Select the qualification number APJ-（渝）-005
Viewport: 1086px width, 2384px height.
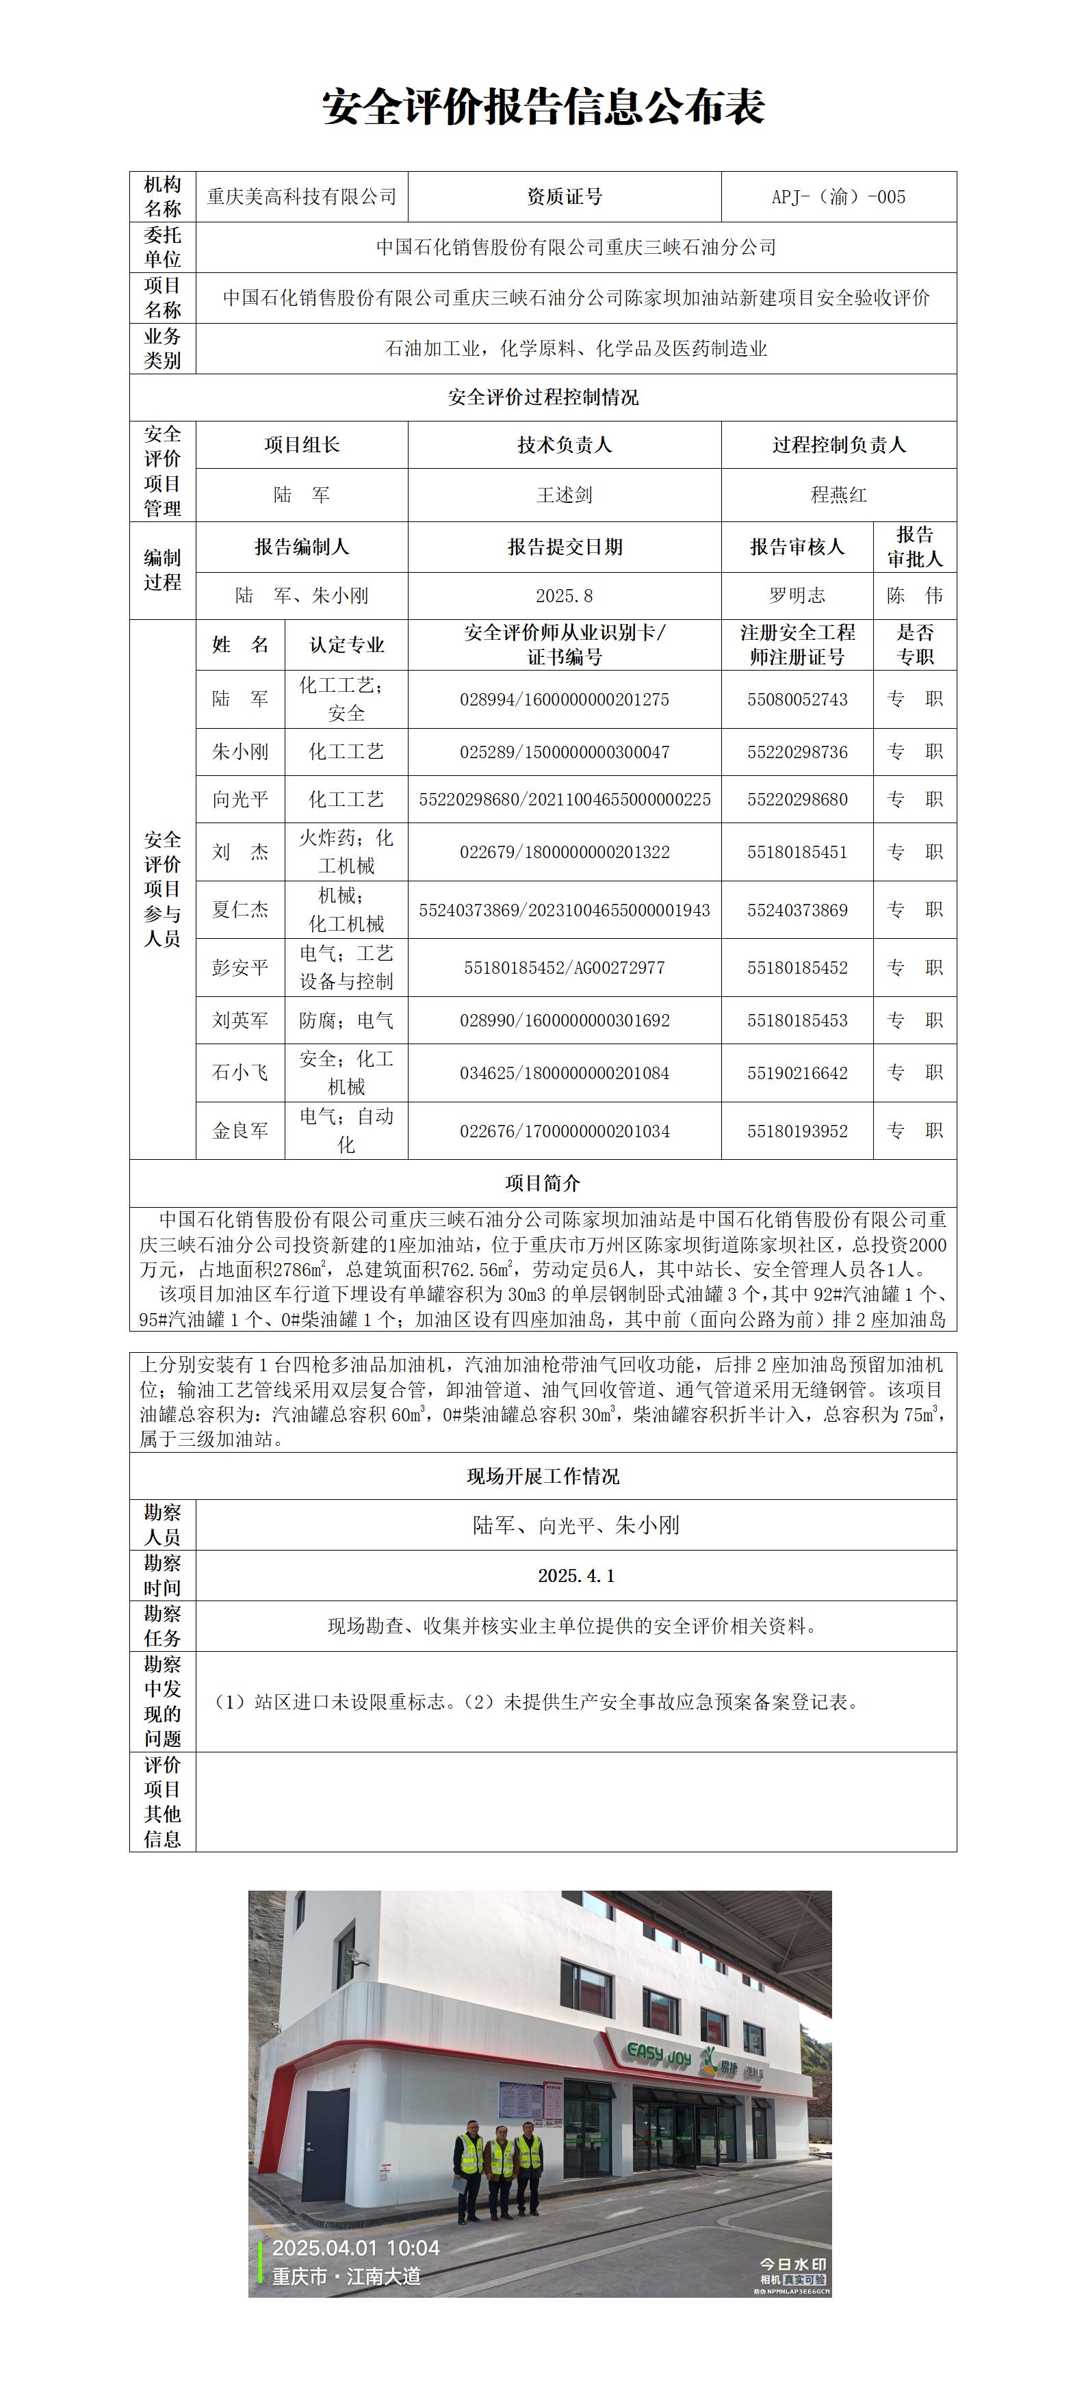coord(838,197)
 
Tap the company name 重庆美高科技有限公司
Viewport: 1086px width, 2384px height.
coord(301,197)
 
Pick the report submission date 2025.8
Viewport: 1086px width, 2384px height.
coord(564,596)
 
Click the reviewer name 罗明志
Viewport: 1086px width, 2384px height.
coord(797,596)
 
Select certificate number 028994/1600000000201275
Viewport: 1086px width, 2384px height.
coord(564,699)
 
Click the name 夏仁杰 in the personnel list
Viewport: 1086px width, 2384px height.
coord(240,909)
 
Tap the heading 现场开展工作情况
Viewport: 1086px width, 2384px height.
coord(543,1476)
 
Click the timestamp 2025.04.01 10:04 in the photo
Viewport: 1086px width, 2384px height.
coord(356,2248)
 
